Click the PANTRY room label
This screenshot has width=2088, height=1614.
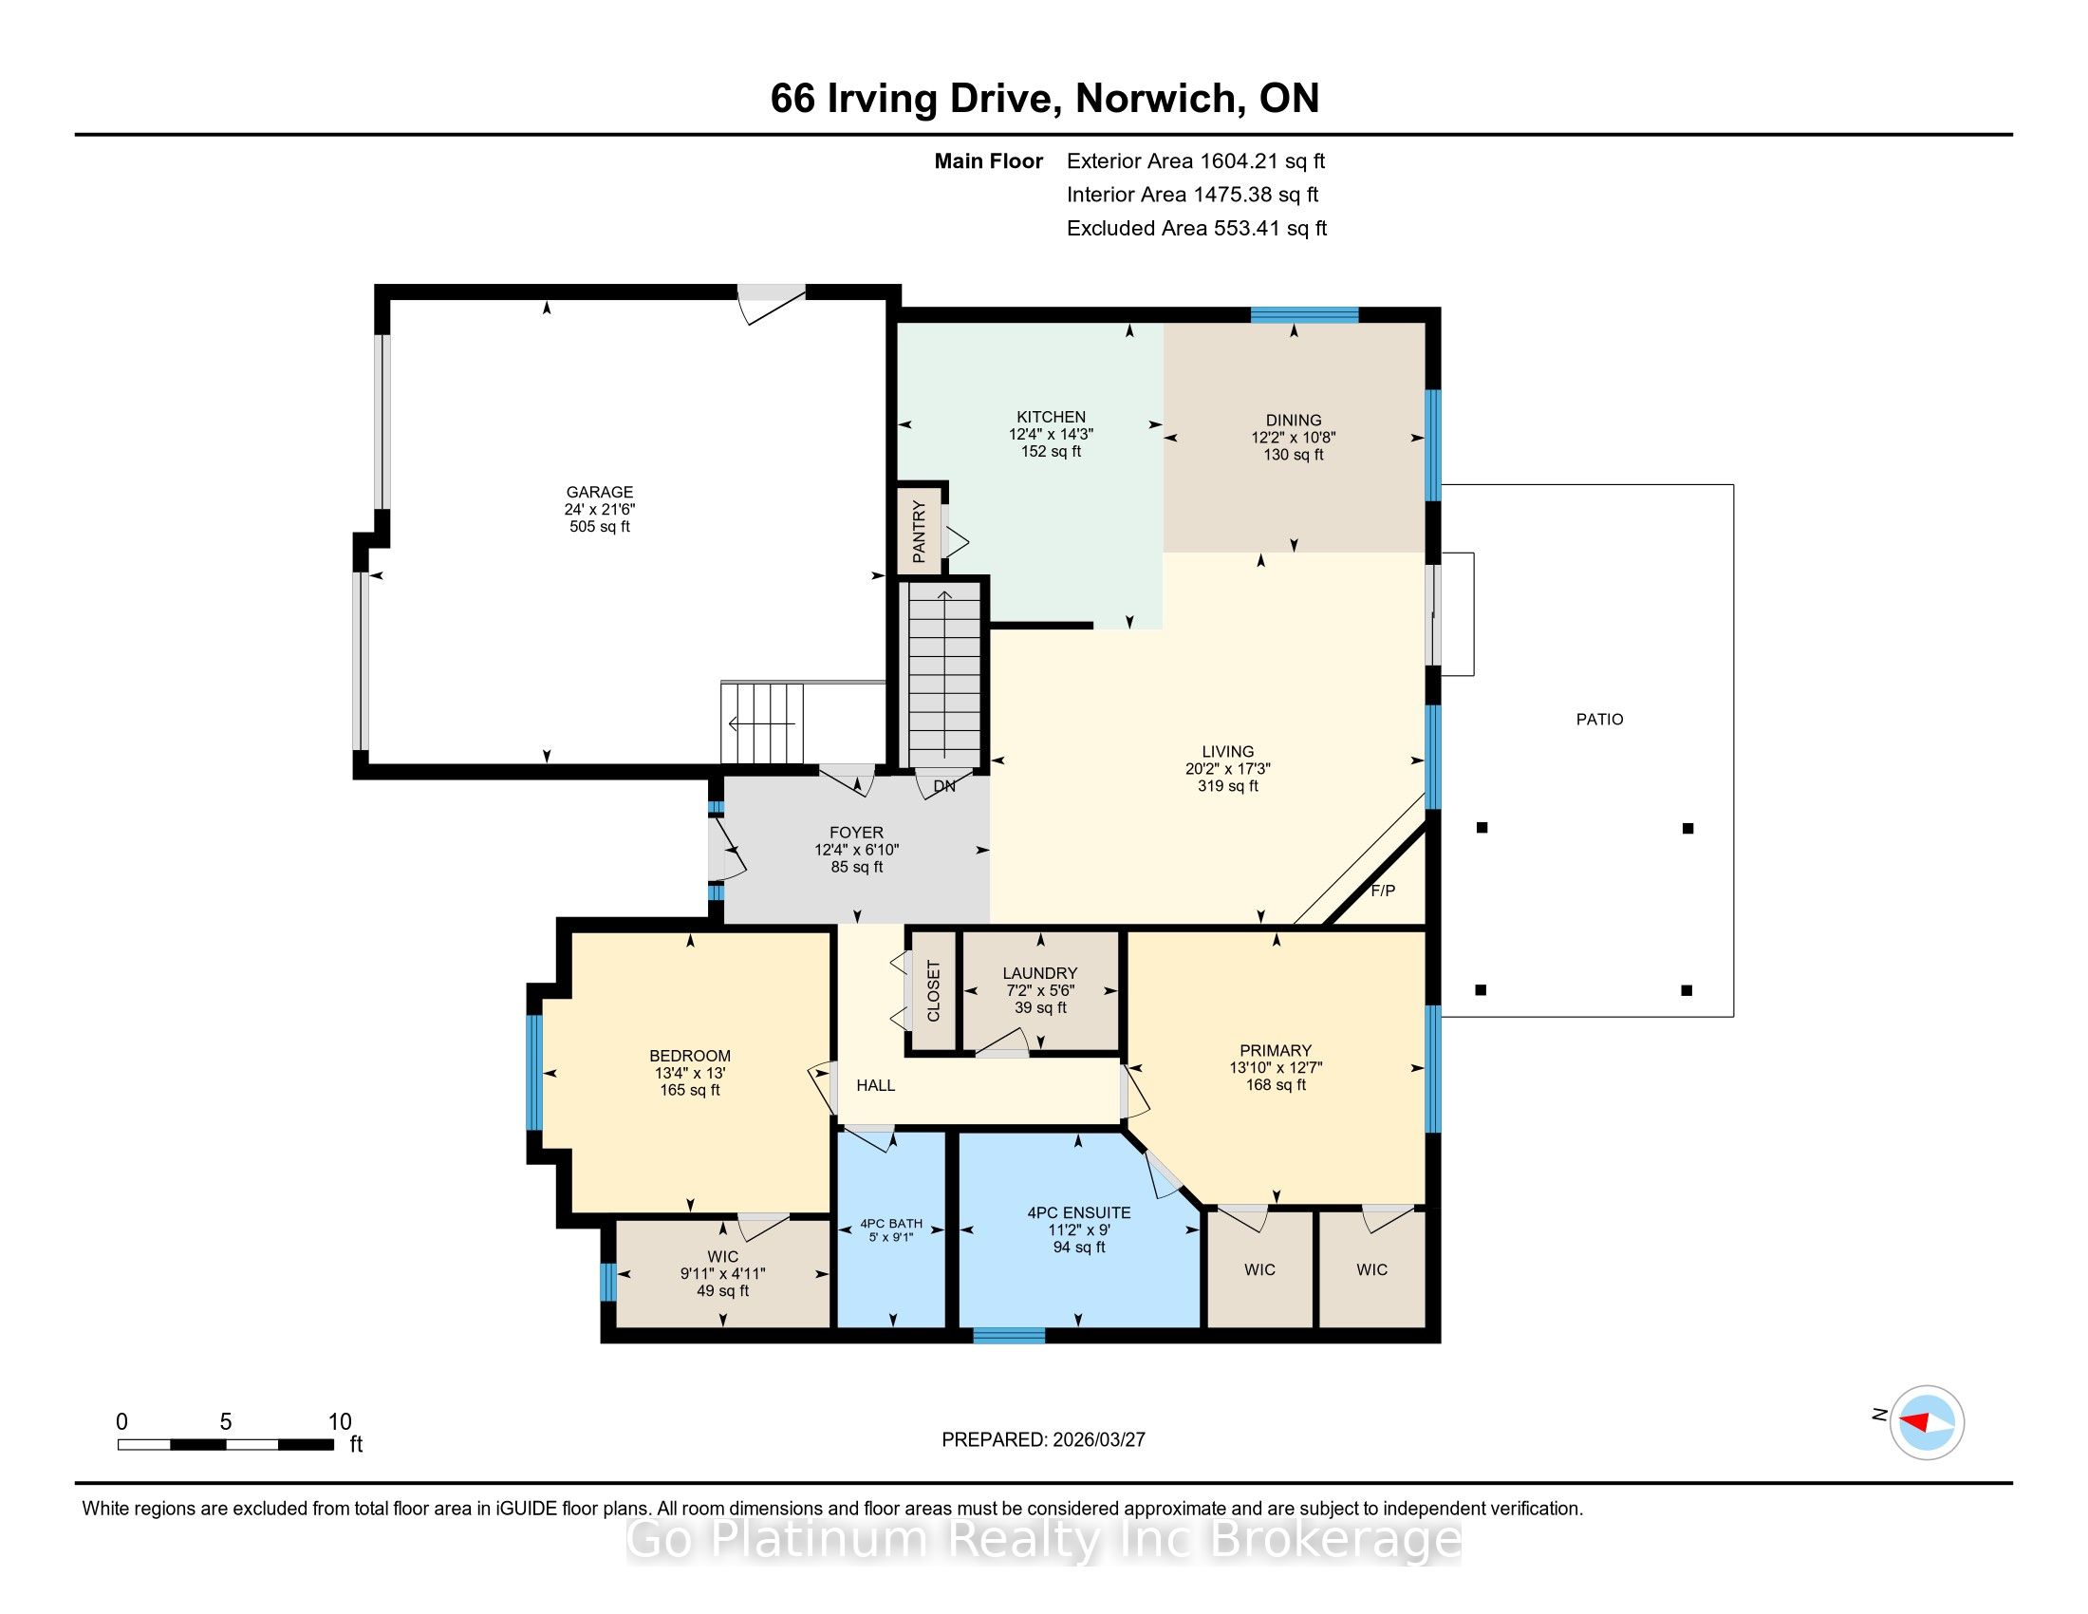tap(919, 532)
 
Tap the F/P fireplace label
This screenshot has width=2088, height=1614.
tap(1384, 891)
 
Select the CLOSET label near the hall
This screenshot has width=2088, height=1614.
tap(934, 990)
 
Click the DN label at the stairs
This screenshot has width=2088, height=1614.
tap(944, 786)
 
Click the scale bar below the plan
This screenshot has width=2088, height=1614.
tap(226, 1444)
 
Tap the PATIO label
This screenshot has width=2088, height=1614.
tap(1599, 719)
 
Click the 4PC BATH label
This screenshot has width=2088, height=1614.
tap(891, 1223)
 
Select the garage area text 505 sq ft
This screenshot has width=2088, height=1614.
tap(600, 526)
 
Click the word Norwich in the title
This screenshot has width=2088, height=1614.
tap(1156, 99)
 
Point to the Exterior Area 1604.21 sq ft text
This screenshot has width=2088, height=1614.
tap(1196, 160)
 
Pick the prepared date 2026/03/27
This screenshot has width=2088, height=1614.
tap(1098, 1439)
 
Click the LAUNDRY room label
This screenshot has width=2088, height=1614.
tap(1040, 972)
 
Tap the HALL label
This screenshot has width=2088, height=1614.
tap(876, 1085)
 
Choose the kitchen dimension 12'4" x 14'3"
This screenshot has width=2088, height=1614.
tap(1051, 433)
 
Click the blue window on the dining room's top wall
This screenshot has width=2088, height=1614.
tap(1305, 314)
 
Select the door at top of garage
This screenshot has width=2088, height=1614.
tap(771, 303)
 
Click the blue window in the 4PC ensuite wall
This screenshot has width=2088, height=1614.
tap(1009, 1336)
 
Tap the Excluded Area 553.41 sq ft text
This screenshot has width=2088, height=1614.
tap(1197, 228)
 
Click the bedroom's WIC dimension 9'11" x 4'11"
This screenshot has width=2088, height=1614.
tap(723, 1273)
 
